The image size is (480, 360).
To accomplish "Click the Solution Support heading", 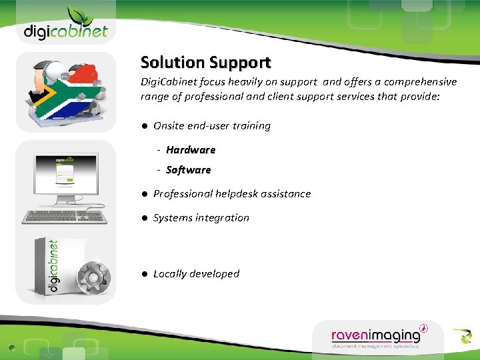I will click(x=205, y=63).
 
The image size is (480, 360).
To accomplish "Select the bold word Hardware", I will click(x=191, y=150).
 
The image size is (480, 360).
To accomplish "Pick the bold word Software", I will click(x=188, y=170).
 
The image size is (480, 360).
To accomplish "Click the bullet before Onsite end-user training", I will click(x=143, y=126).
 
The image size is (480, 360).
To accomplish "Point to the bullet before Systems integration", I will click(x=143, y=218).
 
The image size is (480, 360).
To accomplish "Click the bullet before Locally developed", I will click(x=143, y=274).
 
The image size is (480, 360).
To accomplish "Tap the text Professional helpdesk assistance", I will click(x=232, y=194).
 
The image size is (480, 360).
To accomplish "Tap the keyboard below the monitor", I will click(x=65, y=216).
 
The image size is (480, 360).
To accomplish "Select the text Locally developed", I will click(x=196, y=274).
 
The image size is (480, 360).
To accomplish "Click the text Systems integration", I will click(x=201, y=218).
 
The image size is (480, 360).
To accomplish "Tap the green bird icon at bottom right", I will click(x=461, y=336).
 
